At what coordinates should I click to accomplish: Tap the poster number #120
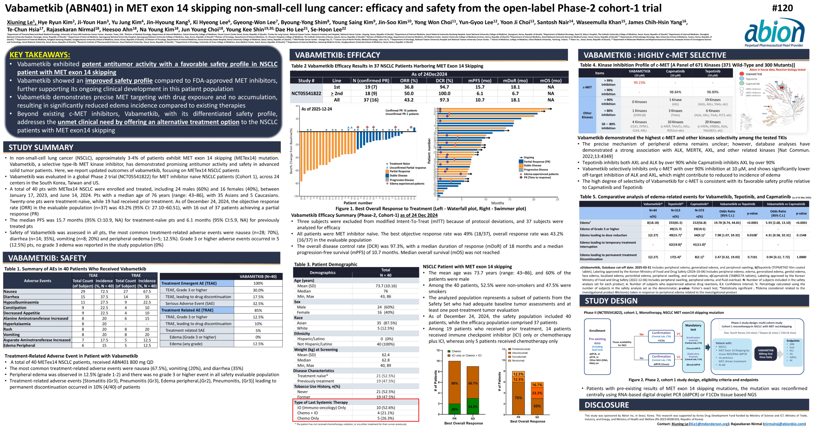click(x=782, y=8)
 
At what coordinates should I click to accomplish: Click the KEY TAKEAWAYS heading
click(x=40, y=55)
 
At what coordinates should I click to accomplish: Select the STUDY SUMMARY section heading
click(x=41, y=147)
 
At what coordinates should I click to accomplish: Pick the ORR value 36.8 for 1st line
click(x=409, y=87)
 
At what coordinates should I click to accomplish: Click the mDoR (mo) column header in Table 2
click(x=515, y=81)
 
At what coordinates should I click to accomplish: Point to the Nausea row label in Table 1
click(x=10, y=291)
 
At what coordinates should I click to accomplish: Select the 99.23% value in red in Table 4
click(x=639, y=83)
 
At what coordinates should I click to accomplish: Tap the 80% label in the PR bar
click(x=454, y=383)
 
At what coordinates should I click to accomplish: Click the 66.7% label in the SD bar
click(x=473, y=383)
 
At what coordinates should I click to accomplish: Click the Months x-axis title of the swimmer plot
click(x=498, y=203)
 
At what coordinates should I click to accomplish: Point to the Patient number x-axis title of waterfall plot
click(x=358, y=203)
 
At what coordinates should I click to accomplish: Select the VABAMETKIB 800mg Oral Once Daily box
click(x=765, y=354)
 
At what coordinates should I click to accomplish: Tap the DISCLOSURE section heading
click(x=607, y=405)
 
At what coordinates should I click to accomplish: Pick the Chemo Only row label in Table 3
click(x=308, y=418)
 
